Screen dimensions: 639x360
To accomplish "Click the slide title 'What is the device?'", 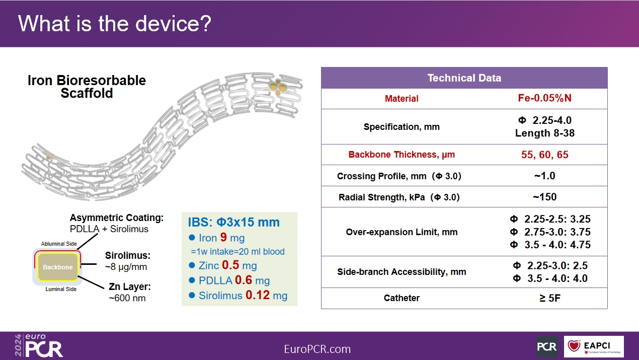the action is pos(115,23).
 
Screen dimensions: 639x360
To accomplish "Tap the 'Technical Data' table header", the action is pos(464,78).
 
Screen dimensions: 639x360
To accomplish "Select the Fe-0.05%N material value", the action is pos(544,98).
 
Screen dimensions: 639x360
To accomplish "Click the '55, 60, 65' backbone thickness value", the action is pos(544,155).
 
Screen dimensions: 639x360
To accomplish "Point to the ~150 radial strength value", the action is pos(544,197).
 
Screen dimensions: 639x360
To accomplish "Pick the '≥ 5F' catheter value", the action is pos(550,298).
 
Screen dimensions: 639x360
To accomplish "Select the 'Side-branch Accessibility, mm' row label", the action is pos(402,272).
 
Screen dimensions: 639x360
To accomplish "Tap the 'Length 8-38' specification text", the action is pos(544,133).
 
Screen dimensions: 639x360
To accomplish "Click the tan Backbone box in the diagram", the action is pos(58,267).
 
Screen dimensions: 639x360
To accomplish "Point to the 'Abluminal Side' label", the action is pos(59,244).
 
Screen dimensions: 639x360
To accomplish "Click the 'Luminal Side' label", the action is pos(61,289).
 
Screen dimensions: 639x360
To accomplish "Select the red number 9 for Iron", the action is pos(223,237).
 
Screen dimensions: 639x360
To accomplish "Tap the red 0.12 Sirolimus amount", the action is pos(257,295).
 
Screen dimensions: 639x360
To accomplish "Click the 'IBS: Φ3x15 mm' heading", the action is pos(233,222).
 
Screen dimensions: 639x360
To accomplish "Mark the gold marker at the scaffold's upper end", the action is pos(278,86).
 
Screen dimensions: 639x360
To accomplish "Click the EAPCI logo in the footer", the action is pos(594,346).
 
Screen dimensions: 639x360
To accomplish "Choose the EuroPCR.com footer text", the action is pos(317,349).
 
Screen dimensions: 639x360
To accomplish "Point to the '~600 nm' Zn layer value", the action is pos(127,298).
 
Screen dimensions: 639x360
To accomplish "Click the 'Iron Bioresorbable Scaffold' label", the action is pos(87,87).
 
